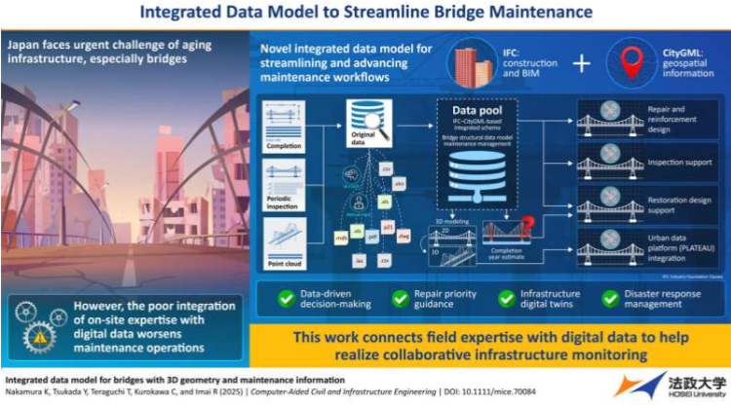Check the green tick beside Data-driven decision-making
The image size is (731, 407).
(289, 297)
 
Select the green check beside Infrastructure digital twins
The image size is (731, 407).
(504, 297)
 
